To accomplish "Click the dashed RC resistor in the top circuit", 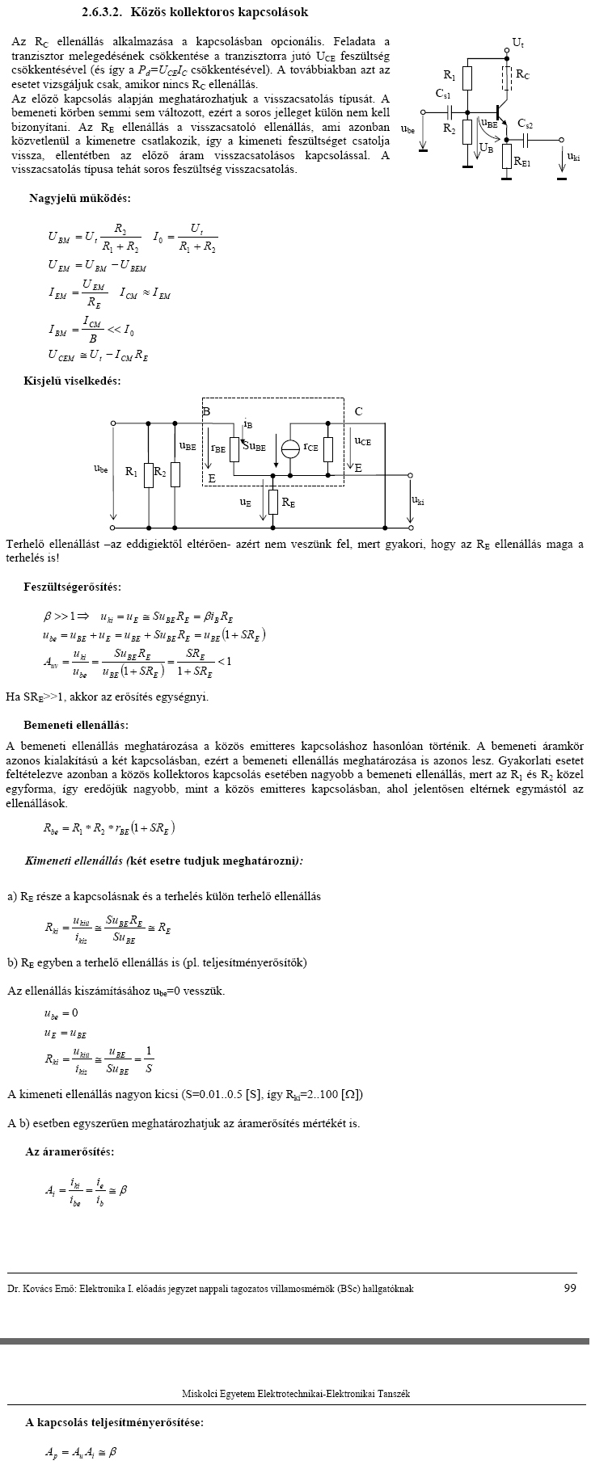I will coord(507,77).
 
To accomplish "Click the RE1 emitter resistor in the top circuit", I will coord(507,156).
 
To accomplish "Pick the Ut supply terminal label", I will coord(518,41).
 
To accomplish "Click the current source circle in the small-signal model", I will coord(290,448).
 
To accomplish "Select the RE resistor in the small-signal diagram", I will coord(273,502).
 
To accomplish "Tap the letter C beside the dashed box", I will coord(358,411).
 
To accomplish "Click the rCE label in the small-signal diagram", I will coord(310,446).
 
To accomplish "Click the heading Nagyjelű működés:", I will coord(79,198).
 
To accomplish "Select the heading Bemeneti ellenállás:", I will coord(75,725).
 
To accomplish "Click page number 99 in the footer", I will coord(570,1289).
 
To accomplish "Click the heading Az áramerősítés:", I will coord(70,1151).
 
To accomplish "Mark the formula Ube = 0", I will coord(61,1012).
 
